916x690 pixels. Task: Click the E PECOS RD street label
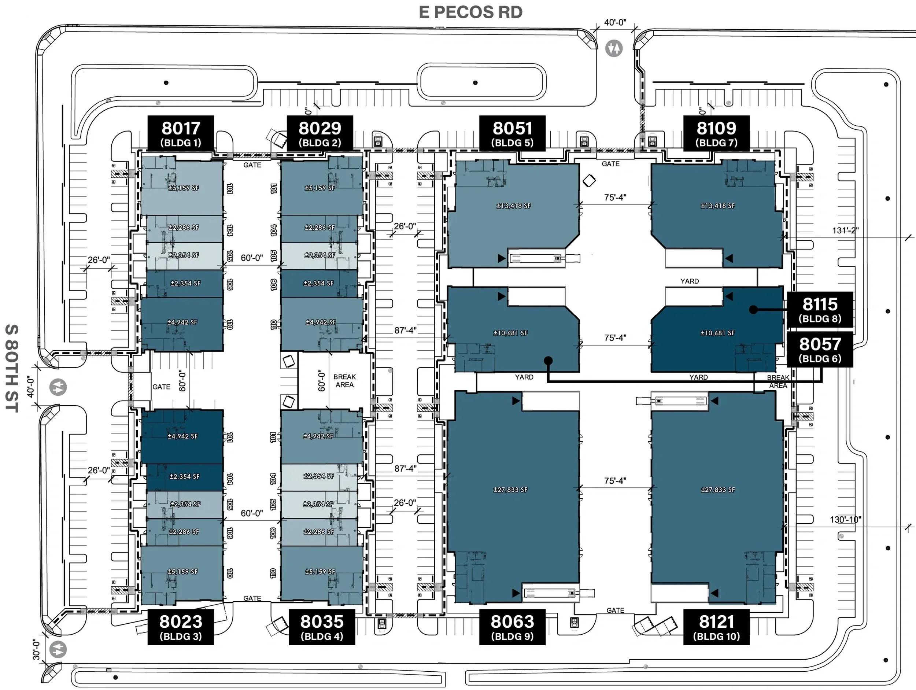click(x=470, y=12)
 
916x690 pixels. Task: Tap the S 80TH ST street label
click(x=12, y=368)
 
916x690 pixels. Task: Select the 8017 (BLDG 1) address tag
click(x=181, y=133)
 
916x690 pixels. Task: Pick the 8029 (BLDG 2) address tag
click(x=320, y=133)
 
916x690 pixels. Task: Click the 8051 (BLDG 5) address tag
click(x=512, y=133)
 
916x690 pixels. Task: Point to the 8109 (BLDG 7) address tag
click(x=716, y=133)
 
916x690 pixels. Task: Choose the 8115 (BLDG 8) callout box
click(x=820, y=309)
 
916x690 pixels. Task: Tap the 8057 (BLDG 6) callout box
click(x=820, y=349)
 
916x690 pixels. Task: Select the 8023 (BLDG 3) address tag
click(x=181, y=627)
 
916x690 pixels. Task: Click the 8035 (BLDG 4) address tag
click(x=322, y=627)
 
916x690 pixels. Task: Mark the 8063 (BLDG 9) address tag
click(x=512, y=627)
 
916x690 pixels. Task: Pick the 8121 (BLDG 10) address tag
click(x=716, y=627)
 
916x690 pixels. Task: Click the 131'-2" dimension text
click(x=845, y=230)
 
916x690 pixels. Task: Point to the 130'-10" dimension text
click(x=845, y=519)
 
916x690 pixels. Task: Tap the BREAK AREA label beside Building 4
click(x=344, y=381)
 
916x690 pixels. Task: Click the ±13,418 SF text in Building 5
click(x=513, y=206)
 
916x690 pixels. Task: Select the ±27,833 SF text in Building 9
click(x=511, y=490)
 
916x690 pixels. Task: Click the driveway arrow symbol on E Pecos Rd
click(x=614, y=48)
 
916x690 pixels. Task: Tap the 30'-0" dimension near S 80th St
click(x=36, y=649)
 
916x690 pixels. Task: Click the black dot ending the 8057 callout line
click(x=548, y=361)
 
